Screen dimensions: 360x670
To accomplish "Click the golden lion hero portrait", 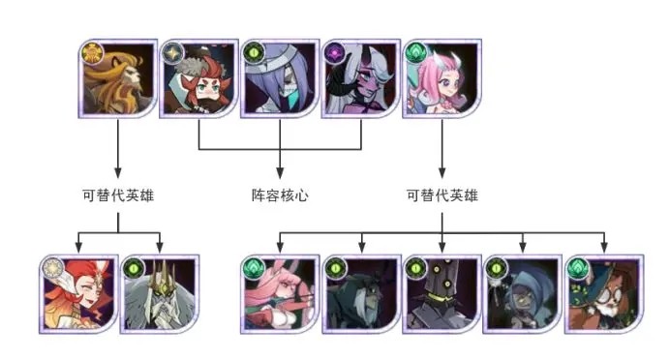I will [x=116, y=79].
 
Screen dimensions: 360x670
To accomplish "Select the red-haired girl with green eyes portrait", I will [x=198, y=79].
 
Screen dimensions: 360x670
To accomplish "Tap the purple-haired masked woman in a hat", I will [x=280, y=79].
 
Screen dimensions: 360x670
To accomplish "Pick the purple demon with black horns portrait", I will [x=360, y=79].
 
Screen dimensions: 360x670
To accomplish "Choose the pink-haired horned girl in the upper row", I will [x=442, y=79].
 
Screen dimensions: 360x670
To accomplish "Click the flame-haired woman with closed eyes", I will [x=77, y=294].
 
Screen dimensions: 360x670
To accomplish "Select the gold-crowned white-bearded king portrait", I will [x=159, y=294].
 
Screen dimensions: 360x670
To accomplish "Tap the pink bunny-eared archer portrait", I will [x=280, y=294].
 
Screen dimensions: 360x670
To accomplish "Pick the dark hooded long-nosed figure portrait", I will [x=360, y=294].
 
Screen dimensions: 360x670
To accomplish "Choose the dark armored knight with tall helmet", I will [x=442, y=294].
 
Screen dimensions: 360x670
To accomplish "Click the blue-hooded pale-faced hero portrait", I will [x=523, y=294].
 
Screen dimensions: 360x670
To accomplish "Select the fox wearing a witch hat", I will [x=604, y=294].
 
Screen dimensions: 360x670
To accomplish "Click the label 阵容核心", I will [x=279, y=195].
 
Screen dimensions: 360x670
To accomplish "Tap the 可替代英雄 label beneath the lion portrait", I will [x=118, y=195].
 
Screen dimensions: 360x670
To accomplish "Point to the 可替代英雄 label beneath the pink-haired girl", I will [x=442, y=195].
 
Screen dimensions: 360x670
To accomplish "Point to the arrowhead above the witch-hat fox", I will [x=604, y=248].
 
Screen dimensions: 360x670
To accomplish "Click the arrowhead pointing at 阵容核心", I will [x=280, y=174].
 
